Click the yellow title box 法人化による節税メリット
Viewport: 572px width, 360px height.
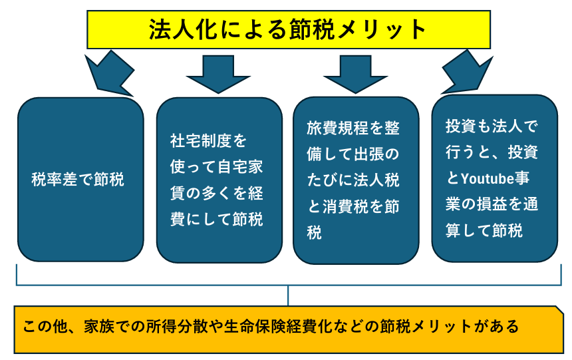[288, 29]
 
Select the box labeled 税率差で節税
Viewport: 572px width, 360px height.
[80, 180]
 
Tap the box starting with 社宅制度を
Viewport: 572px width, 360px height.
[219, 180]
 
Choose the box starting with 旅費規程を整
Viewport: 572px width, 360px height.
[356, 180]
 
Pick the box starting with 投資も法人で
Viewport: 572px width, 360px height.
[494, 178]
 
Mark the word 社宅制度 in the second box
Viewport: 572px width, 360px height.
[200, 140]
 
